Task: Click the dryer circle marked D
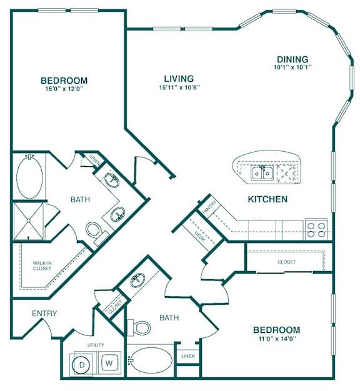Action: coord(82,365)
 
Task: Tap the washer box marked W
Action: coord(109,363)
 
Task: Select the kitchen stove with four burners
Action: coord(316,230)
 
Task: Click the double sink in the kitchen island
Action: coord(262,173)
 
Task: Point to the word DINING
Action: coord(292,59)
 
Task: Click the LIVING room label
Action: coord(179,79)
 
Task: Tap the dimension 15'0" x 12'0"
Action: coord(64,89)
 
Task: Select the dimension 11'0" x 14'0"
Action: coord(277,339)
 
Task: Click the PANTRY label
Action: coord(209,207)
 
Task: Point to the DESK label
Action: coord(199,236)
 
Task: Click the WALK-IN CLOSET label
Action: coord(42,265)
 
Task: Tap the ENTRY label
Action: coord(44,313)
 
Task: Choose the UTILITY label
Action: coord(96,345)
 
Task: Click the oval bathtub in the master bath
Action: coord(29,177)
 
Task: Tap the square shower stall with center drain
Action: coord(29,222)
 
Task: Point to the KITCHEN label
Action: coord(267,199)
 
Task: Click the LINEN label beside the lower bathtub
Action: coord(188,356)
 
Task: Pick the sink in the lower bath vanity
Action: coord(137,279)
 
